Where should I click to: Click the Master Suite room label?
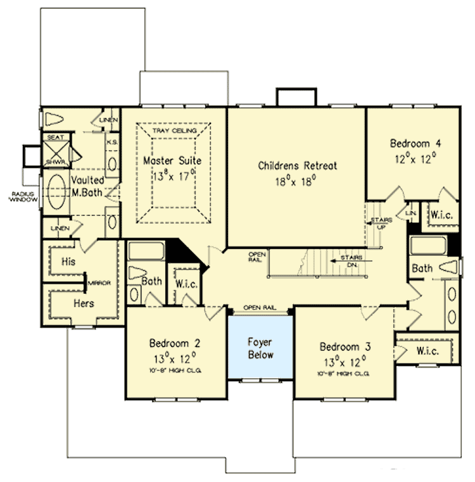(172, 161)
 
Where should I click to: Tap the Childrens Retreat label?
(297, 166)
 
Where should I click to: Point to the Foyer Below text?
(260, 348)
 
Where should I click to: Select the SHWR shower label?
(52, 162)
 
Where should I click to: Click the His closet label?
(69, 261)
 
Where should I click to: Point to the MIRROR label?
(101, 283)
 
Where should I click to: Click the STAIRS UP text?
(380, 222)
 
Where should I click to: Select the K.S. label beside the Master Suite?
(111, 142)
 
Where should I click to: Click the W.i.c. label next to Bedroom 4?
(441, 215)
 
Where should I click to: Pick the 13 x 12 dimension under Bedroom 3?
(345, 363)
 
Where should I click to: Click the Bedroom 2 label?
(174, 344)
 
